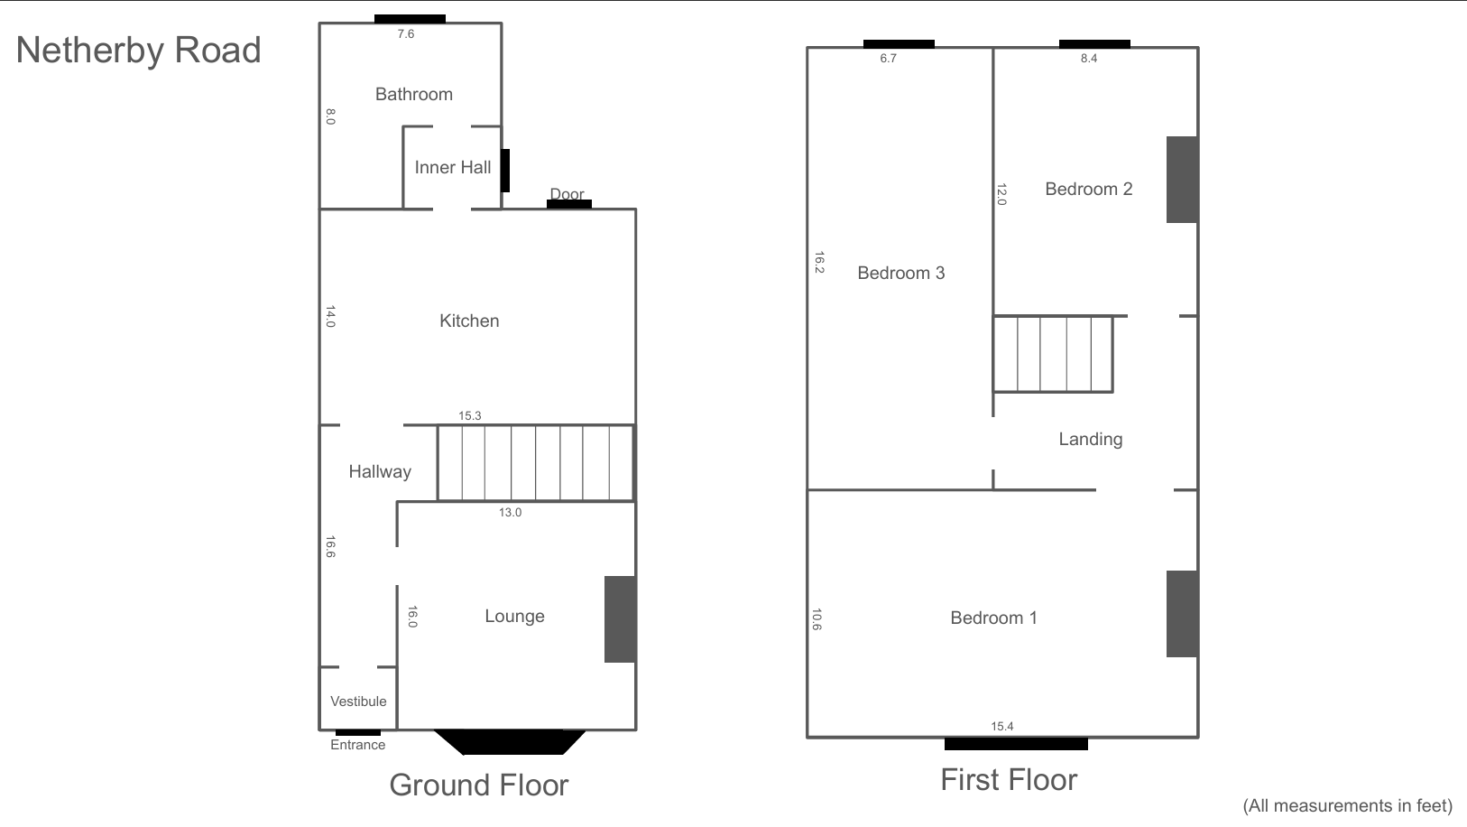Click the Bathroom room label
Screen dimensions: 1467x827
(414, 95)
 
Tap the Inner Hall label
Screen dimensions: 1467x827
(453, 168)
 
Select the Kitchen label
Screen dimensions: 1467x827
(469, 321)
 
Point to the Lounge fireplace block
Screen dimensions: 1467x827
(620, 619)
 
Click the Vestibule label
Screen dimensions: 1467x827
(358, 702)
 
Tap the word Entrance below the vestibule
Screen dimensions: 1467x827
(357, 745)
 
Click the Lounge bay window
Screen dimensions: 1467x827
(510, 742)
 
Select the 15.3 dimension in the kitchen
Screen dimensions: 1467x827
(469, 416)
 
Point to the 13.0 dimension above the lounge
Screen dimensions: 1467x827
(510, 513)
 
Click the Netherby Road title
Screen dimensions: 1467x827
(138, 51)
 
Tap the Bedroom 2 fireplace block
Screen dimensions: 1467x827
(1183, 180)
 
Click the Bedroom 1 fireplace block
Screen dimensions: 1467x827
(1183, 614)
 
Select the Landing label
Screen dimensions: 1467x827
(1091, 440)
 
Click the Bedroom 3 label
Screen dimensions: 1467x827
(901, 274)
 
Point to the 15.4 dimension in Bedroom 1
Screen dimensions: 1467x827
(1002, 727)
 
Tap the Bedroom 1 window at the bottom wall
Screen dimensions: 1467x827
(1016, 744)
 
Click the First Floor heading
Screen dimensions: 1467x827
(1009, 780)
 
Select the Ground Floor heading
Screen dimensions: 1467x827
(479, 785)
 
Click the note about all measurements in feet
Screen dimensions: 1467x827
(1348, 806)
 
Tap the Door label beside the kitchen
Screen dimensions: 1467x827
(567, 194)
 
